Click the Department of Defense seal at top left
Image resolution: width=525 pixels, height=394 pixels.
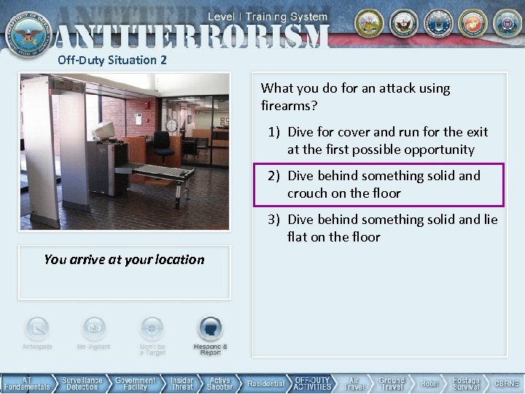(x=23, y=29)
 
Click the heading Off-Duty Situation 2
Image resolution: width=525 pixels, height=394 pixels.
(x=112, y=60)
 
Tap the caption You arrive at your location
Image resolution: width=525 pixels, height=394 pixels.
(x=124, y=260)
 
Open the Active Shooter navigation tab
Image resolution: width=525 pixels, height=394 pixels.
(x=219, y=383)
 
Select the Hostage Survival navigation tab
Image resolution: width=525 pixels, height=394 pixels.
(x=465, y=383)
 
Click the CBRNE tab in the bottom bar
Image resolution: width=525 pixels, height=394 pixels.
(x=506, y=383)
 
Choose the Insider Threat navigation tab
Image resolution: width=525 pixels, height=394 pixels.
(x=182, y=383)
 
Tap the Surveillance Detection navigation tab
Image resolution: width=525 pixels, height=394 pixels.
(x=82, y=383)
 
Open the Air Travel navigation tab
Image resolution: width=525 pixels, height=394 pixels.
(x=353, y=383)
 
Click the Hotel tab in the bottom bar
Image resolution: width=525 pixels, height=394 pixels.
(x=429, y=383)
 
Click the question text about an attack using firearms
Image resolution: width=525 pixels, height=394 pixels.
(x=356, y=97)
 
